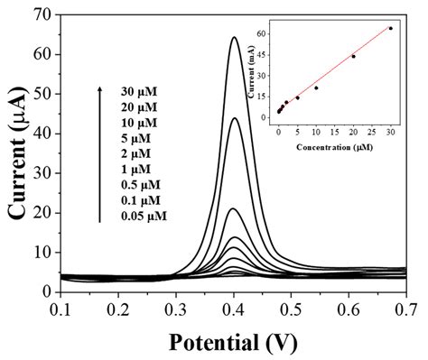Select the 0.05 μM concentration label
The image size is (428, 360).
[x=143, y=217]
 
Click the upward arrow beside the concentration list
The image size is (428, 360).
[x=99, y=153]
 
